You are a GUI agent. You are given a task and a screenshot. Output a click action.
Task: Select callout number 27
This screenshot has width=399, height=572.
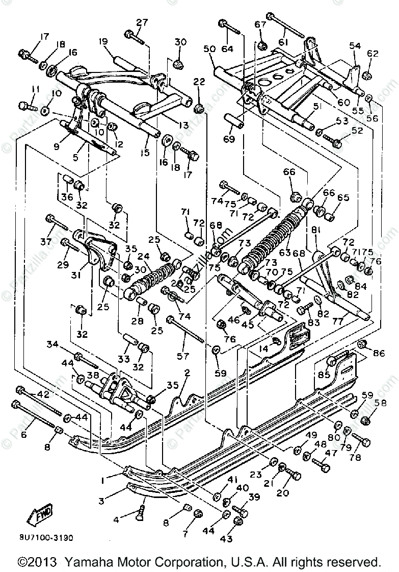click(142, 22)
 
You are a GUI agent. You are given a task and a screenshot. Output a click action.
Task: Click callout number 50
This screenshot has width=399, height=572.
click(209, 48)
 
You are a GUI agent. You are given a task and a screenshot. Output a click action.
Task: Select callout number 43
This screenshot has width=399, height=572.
click(226, 539)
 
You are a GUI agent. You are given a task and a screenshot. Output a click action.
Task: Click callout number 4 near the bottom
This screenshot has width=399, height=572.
click(117, 520)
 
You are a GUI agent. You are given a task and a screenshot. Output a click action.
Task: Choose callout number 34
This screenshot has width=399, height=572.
click(52, 344)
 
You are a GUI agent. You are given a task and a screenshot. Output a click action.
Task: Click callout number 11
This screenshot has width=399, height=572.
click(35, 89)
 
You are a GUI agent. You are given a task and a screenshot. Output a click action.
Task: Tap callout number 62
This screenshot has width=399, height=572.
click(373, 53)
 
